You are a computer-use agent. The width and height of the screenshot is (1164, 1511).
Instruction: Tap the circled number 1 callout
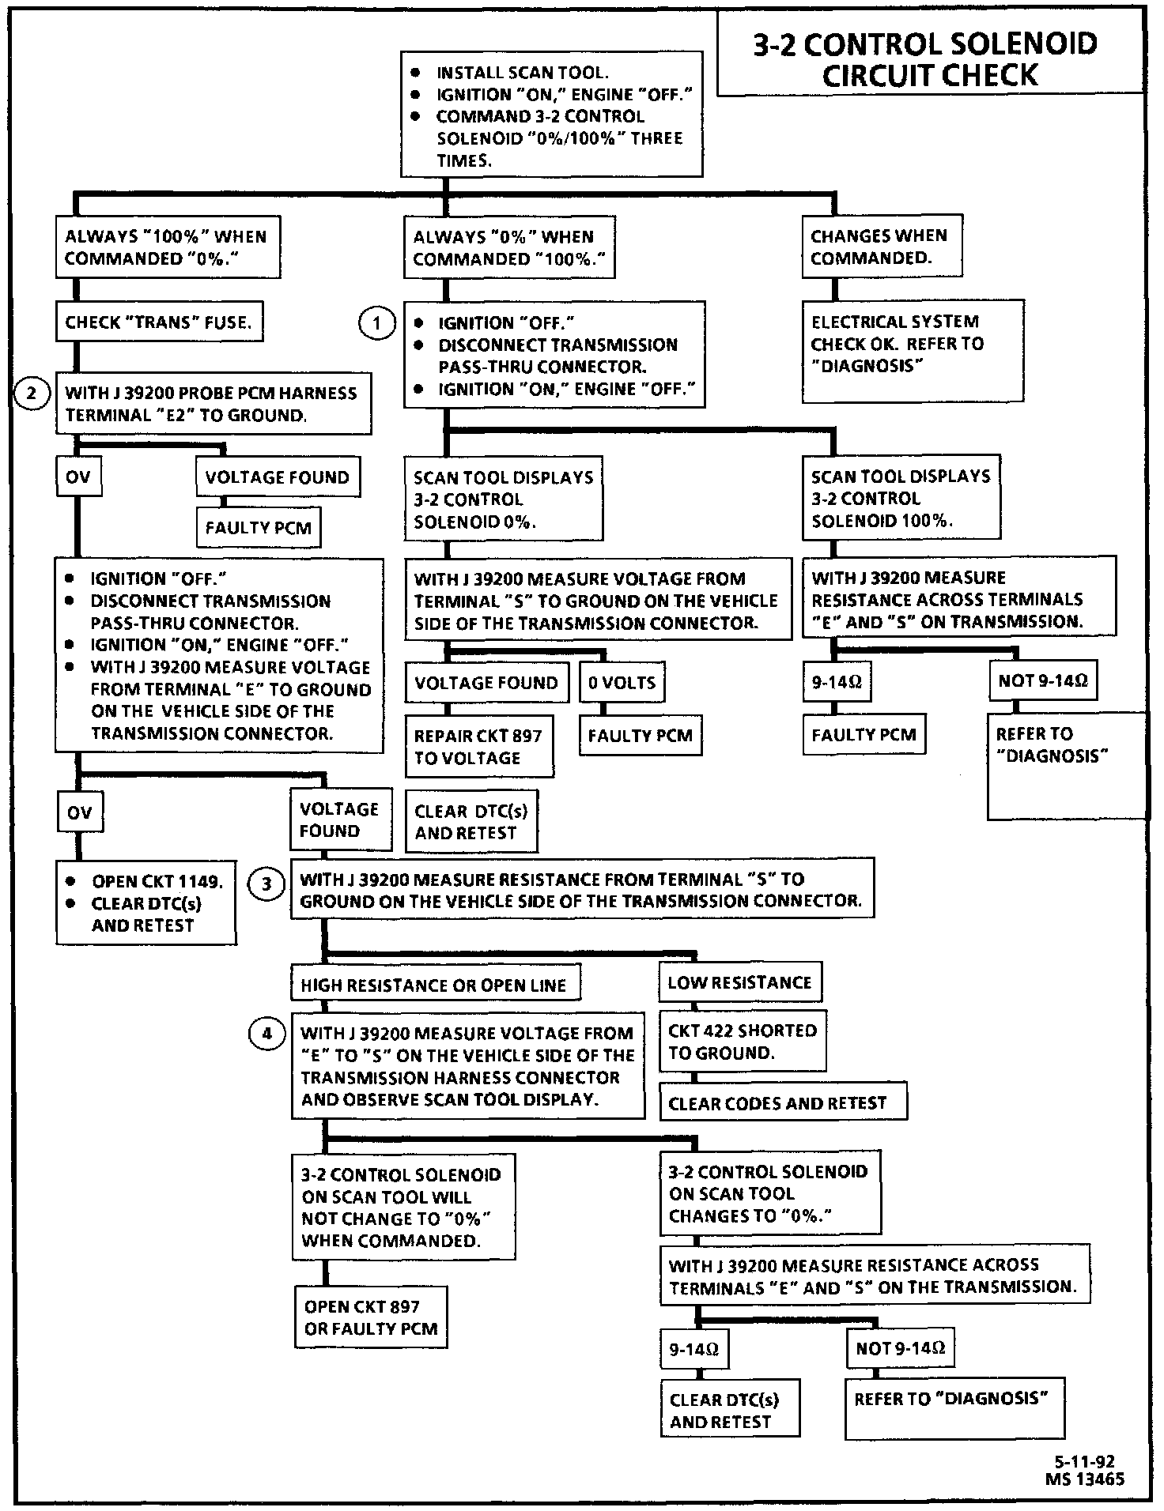tap(376, 323)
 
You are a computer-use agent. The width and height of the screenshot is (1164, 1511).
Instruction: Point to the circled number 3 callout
tap(266, 884)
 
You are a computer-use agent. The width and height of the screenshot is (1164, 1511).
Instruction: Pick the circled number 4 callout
tap(266, 1033)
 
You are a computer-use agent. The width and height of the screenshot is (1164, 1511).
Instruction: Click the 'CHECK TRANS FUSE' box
tap(158, 322)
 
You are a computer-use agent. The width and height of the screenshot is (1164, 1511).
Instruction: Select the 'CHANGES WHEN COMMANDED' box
tap(881, 247)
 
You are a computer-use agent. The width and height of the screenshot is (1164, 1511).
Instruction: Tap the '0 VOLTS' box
tap(622, 683)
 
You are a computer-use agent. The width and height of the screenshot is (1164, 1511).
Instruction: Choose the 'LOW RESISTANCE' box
tap(739, 983)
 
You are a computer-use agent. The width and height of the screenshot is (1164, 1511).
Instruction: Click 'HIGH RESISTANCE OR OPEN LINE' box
tap(434, 985)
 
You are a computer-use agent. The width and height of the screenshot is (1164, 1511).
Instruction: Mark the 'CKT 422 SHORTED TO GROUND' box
tap(742, 1042)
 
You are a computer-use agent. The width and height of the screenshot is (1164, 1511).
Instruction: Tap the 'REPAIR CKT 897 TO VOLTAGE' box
tap(478, 746)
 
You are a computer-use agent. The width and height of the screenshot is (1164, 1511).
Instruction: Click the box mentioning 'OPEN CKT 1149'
tap(146, 903)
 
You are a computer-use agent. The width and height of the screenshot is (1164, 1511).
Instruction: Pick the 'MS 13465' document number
tap(1084, 1479)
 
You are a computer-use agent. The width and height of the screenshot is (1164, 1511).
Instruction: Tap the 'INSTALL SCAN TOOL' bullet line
tap(522, 73)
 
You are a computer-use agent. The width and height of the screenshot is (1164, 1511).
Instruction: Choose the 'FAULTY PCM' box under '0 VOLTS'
tap(640, 735)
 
